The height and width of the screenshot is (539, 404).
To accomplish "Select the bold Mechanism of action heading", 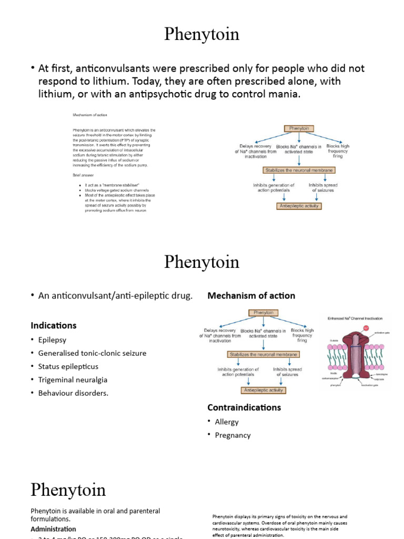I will [251, 296].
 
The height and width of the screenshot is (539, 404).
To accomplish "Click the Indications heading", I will [53, 325].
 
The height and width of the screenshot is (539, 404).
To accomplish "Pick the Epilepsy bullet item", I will [52, 340].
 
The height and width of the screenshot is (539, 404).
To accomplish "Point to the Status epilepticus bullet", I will [68, 366].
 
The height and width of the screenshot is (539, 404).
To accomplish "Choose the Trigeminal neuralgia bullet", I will [73, 380].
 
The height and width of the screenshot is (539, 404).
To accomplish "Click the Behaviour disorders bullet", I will [73, 393].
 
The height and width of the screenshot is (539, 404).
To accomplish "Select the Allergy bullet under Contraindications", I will [227, 422].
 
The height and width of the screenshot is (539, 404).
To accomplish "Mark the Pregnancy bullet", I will [233, 435].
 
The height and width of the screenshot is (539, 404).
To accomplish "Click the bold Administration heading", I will [53, 529].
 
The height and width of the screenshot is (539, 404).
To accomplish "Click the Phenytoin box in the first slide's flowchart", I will [299, 128].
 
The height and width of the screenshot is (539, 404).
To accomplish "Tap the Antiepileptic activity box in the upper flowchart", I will [299, 206].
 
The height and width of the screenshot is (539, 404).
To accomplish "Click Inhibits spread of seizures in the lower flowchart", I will [286, 372].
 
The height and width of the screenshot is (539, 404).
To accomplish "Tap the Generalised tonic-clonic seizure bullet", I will [92, 353].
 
